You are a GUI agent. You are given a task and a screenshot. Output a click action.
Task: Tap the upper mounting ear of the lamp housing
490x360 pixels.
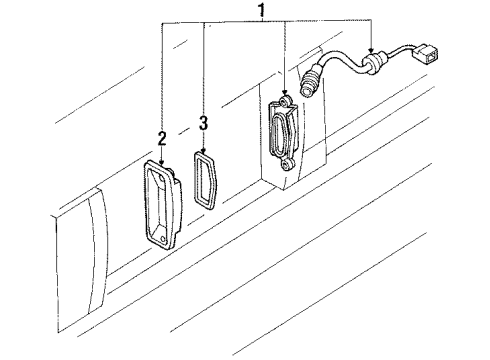tap(285, 101)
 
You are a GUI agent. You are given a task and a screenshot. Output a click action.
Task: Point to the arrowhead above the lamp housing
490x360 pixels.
tap(285, 91)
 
